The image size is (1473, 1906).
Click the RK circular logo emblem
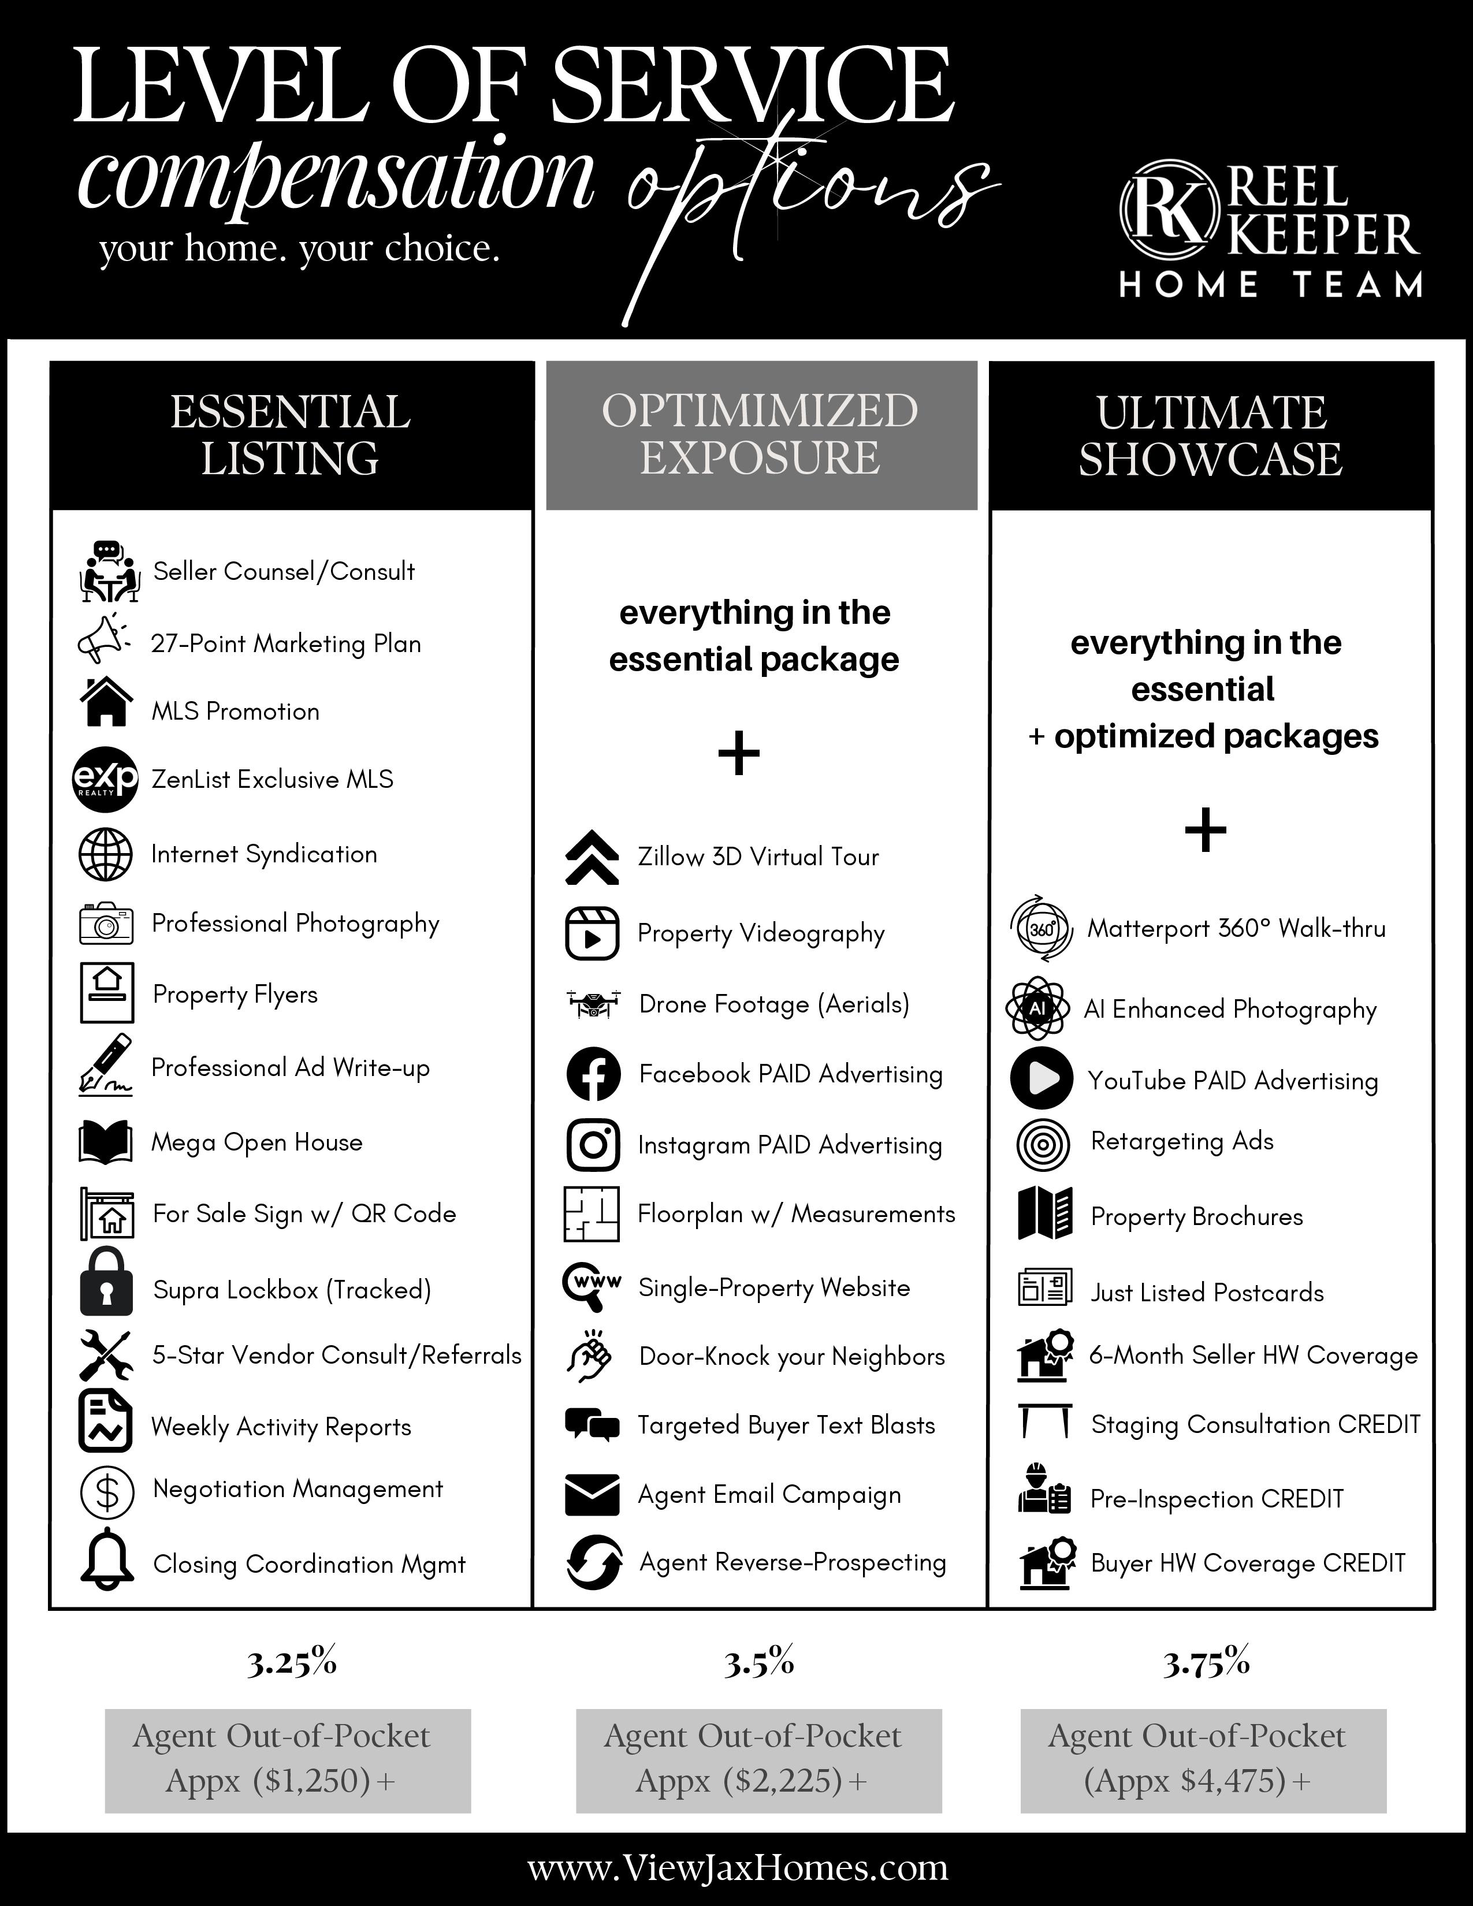click(x=1169, y=210)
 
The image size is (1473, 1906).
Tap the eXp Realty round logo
click(x=105, y=779)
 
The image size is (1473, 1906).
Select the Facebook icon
click(x=593, y=1074)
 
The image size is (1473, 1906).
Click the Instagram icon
click(x=593, y=1144)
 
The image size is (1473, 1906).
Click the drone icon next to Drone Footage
click(x=593, y=1004)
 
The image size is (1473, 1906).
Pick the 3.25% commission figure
click(x=292, y=1663)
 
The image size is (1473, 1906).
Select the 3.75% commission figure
click(x=1207, y=1663)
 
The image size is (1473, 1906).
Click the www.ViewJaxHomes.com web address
click(x=738, y=1868)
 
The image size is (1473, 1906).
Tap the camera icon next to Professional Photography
click(x=106, y=924)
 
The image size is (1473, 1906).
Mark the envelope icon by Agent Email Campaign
click(x=593, y=1494)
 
